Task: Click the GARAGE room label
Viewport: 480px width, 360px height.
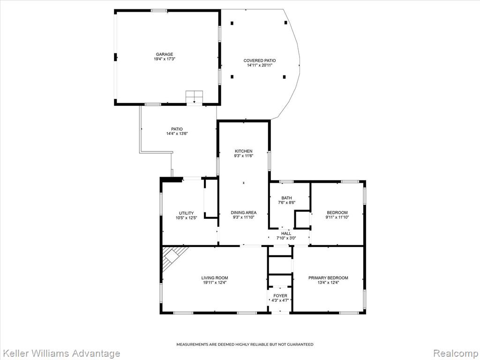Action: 165,54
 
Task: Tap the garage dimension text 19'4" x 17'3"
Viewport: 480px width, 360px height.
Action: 165,59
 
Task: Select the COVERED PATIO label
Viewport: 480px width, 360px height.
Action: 260,60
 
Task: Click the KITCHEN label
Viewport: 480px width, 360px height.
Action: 244,151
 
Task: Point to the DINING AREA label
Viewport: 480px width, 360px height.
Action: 244,212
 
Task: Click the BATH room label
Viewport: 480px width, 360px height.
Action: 287,198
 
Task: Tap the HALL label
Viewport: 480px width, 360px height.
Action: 286,233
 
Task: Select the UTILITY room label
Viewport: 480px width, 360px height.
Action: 187,213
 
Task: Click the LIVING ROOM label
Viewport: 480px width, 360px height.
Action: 215,278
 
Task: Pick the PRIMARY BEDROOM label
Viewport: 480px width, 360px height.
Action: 328,278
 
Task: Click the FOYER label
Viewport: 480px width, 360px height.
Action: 280,296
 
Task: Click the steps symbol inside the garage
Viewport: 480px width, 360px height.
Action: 195,97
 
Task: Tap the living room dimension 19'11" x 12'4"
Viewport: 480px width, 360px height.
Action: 215,283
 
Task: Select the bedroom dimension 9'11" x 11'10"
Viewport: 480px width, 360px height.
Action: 337,217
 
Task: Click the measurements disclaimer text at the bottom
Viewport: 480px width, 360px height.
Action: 245,345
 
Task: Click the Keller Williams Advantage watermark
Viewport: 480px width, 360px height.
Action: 60,353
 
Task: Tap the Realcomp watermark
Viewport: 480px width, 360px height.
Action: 456,353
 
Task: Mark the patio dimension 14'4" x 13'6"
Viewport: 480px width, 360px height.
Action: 177,134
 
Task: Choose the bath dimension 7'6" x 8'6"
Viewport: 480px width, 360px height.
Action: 287,202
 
